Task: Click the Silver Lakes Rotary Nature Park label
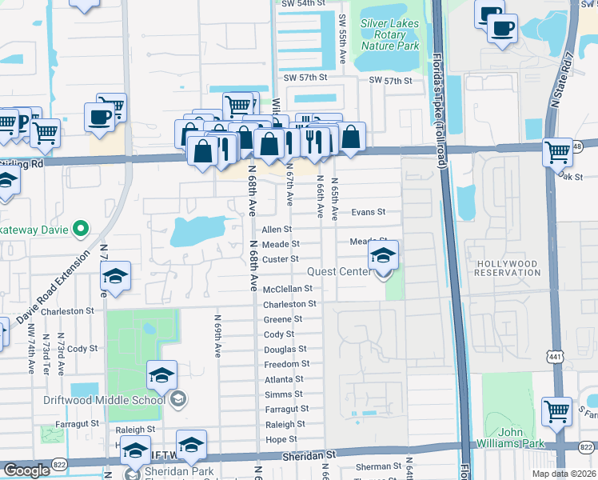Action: coord(389,34)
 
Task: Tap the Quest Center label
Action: coord(345,272)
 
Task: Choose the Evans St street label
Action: coord(369,213)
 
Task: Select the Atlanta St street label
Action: coord(284,379)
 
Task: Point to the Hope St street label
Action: coord(281,439)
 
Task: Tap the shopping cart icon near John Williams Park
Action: coord(556,411)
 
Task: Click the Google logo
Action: coord(26,470)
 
